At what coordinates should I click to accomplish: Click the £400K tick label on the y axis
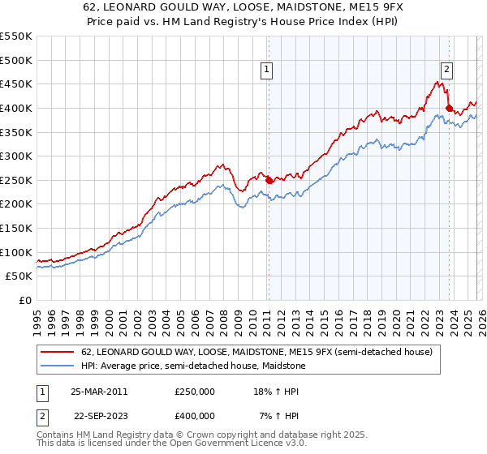16,108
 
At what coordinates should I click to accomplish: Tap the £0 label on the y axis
25,300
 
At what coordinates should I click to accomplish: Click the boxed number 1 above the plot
267,71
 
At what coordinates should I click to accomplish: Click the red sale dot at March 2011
269,180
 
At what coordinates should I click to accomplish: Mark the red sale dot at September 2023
448,108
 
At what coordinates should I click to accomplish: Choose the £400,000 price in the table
195,415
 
